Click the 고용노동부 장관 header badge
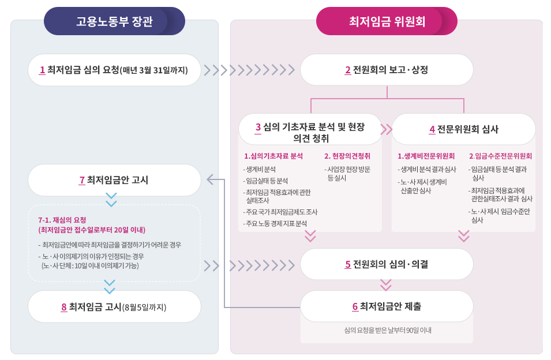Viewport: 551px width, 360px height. pyautogui.click(x=114, y=21)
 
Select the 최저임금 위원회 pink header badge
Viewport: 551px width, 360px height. pyautogui.click(x=387, y=21)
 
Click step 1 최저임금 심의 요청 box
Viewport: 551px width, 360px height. pyautogui.click(x=114, y=70)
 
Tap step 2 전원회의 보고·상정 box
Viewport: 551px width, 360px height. pyautogui.click(x=387, y=70)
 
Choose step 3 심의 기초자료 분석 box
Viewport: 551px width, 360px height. pyautogui.click(x=310, y=133)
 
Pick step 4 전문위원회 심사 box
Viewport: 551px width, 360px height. pyautogui.click(x=463, y=129)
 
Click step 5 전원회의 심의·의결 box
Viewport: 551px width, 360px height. pyautogui.click(x=387, y=264)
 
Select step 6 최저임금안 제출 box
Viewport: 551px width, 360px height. pyautogui.click(x=387, y=306)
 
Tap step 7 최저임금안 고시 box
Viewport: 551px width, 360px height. pyautogui.click(x=114, y=180)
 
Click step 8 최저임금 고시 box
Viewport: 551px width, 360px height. pyautogui.click(x=114, y=306)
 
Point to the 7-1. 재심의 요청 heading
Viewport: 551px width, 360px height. pyautogui.click(x=62, y=220)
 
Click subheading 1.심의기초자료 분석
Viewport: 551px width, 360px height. pyautogui.click(x=273, y=156)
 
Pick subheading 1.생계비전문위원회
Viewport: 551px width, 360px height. pyautogui.click(x=426, y=156)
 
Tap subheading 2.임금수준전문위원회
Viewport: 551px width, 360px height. pyautogui.click(x=500, y=156)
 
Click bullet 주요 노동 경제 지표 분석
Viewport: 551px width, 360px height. pyautogui.click(x=275, y=223)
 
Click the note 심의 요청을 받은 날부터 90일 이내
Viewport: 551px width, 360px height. pyautogui.click(x=387, y=331)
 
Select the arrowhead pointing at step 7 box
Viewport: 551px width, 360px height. pyautogui.click(x=211, y=180)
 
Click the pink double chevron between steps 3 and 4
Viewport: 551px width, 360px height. pyautogui.click(x=386, y=129)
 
